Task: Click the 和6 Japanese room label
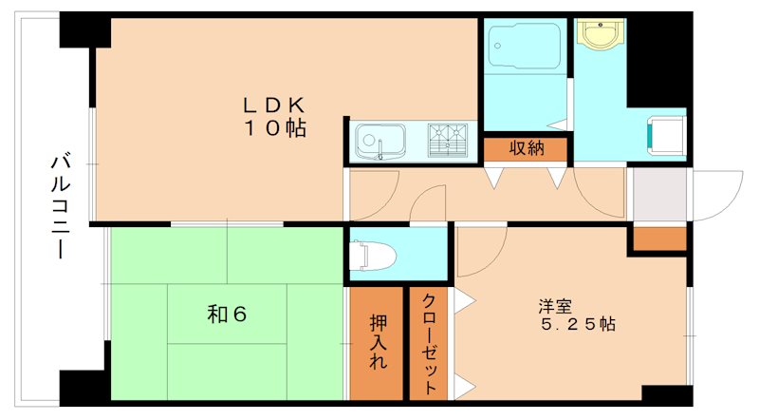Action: click(x=228, y=314)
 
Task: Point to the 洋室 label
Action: click(x=555, y=306)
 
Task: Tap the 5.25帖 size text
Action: click(x=577, y=324)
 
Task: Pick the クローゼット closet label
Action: click(x=430, y=342)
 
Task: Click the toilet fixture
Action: click(x=364, y=255)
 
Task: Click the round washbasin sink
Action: click(x=599, y=36)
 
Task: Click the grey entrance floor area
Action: click(x=658, y=195)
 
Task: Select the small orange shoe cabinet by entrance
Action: click(x=658, y=239)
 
